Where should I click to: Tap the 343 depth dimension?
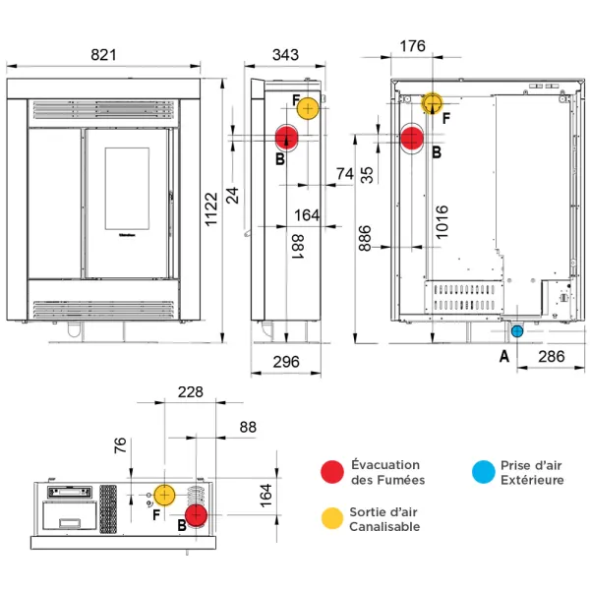284,55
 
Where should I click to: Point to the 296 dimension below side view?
284,361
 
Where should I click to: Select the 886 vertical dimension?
366,237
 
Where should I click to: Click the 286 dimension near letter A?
552,357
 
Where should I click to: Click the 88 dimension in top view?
247,427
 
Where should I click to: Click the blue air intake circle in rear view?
517,331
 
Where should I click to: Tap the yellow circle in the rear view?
433,103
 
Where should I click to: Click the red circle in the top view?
197,514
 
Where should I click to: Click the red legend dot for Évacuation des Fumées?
332,473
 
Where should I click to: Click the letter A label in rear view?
504,356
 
